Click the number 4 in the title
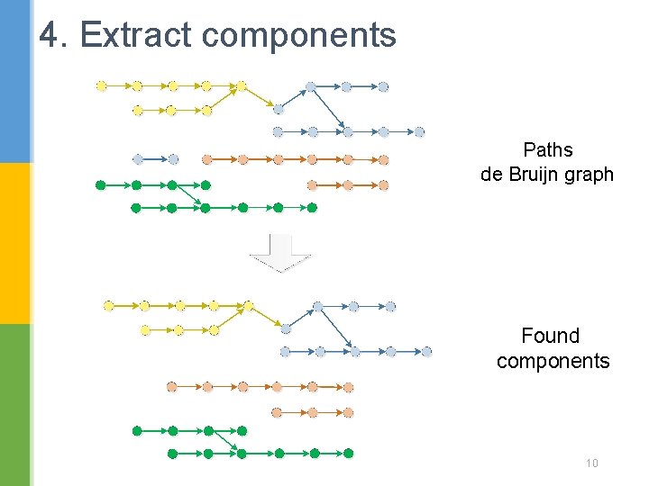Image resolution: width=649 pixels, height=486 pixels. [x=50, y=35]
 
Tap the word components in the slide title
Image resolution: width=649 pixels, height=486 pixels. [x=298, y=36]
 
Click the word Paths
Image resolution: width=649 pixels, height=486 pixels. [x=547, y=149]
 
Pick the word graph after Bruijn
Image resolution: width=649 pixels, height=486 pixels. [x=592, y=175]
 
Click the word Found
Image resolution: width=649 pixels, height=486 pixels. [x=550, y=336]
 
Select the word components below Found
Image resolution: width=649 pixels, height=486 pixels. [x=553, y=362]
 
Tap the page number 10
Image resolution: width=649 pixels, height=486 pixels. [x=592, y=463]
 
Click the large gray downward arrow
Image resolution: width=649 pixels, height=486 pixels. [x=280, y=253]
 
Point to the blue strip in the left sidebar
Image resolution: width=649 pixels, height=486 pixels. [x=15, y=81]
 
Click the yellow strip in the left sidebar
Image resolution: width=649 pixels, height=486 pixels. [x=15, y=243]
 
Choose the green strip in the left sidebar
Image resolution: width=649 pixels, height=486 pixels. [x=15, y=405]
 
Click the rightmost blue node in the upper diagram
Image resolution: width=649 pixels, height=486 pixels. [x=419, y=132]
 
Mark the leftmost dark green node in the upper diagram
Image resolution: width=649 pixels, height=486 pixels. [x=100, y=185]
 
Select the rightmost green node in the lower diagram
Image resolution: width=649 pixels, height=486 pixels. [x=349, y=453]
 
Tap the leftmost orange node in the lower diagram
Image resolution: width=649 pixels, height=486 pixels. [x=171, y=387]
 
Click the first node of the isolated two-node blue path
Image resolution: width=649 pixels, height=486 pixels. [x=138, y=159]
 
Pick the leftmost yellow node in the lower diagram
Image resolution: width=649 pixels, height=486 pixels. [x=108, y=306]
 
